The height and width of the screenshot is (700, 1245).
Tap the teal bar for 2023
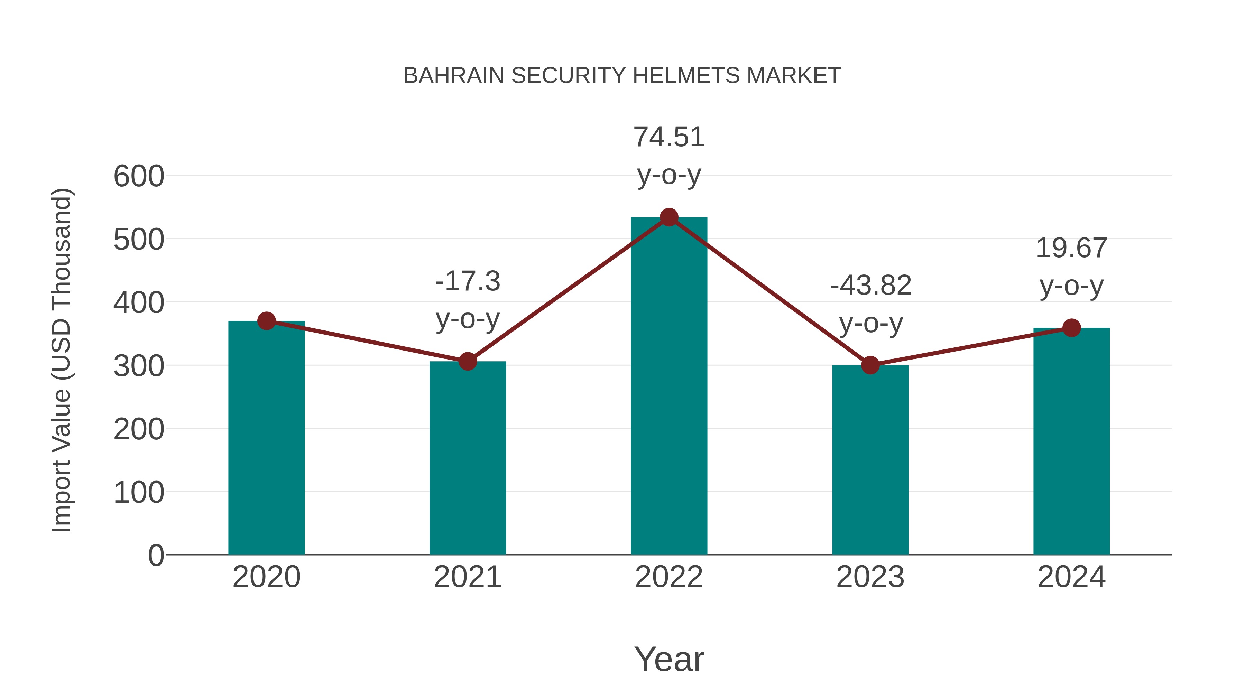[870, 459]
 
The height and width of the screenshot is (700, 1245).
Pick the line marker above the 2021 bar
[467, 361]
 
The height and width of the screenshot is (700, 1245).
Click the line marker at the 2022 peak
[669, 217]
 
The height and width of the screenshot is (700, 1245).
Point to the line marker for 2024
[1071, 328]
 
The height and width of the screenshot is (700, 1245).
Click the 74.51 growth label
[669, 137]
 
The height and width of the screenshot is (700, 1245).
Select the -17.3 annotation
[467, 281]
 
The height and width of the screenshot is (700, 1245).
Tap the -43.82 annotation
[870, 285]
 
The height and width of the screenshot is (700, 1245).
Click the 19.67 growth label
[1071, 248]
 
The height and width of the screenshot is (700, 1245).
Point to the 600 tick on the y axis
[139, 176]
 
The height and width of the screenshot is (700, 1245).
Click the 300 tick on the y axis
[139, 366]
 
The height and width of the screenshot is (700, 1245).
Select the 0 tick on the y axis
[156, 556]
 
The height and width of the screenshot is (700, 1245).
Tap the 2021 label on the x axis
[467, 577]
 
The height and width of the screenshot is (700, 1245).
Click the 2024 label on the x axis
[1071, 577]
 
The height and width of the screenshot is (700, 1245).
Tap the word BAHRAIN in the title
[454, 76]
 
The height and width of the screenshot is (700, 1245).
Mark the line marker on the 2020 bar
[266, 321]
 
